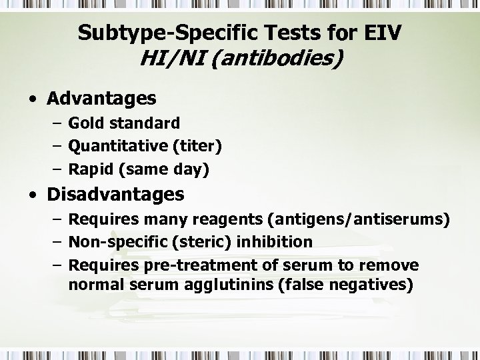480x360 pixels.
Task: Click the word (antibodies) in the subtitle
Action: pyautogui.click(x=280, y=59)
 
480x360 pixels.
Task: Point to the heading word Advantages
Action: pyautogui.click(x=101, y=99)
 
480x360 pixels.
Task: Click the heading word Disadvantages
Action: pyautogui.click(x=115, y=195)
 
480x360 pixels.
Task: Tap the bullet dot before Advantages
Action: pyautogui.click(x=33, y=100)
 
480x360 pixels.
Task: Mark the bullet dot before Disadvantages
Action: pyautogui.click(x=33, y=196)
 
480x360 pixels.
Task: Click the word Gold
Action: pyautogui.click(x=85, y=123)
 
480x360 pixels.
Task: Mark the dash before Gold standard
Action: pyautogui.click(x=56, y=123)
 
